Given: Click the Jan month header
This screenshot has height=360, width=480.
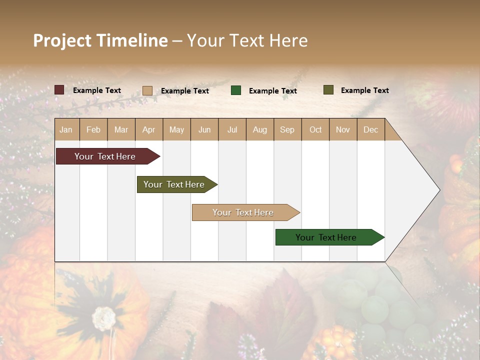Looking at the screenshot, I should pyautogui.click(x=66, y=129).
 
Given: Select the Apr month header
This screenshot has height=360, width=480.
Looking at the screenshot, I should pyautogui.click(x=149, y=129).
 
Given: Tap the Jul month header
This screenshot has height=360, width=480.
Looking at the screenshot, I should pyautogui.click(x=232, y=129).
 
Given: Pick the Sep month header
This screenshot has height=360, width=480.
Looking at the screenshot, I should pyautogui.click(x=287, y=129).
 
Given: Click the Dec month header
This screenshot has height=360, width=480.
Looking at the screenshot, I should pyautogui.click(x=370, y=129).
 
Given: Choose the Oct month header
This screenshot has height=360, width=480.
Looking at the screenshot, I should pyautogui.click(x=315, y=129).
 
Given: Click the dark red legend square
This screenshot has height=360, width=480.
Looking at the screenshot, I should pyautogui.click(x=59, y=90).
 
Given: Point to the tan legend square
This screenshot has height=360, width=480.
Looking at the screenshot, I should pyautogui.click(x=147, y=90).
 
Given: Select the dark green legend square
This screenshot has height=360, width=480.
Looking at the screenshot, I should pyautogui.click(x=236, y=90).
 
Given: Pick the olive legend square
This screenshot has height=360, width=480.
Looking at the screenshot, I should pyautogui.click(x=328, y=90).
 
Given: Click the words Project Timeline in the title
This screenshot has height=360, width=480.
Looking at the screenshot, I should pyautogui.click(x=100, y=40).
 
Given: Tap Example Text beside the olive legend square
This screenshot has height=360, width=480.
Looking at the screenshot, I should pyautogui.click(x=364, y=90).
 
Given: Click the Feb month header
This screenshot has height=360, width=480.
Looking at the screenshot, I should pyautogui.click(x=93, y=129).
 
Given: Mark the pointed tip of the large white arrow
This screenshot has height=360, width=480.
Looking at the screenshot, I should pyautogui.click(x=439, y=190).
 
